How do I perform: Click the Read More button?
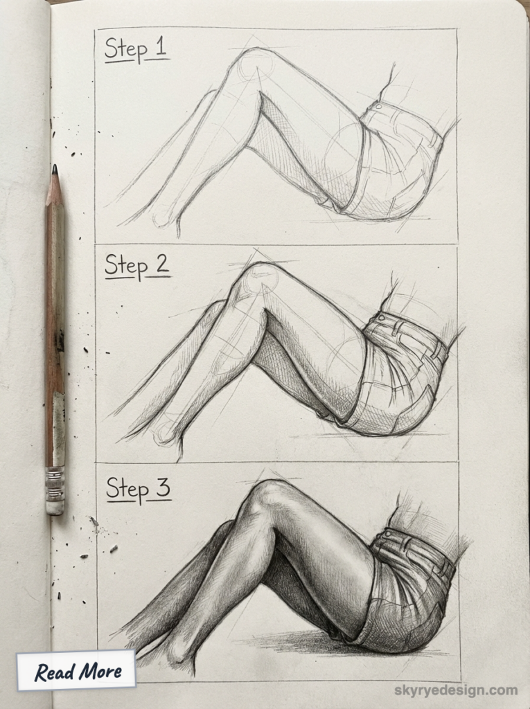(x=78, y=670)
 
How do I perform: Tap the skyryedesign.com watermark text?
(x=455, y=690)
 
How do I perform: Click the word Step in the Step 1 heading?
(x=126, y=51)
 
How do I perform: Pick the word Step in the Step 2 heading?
(x=126, y=267)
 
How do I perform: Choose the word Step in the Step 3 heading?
(x=127, y=490)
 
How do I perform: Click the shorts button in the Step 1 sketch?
(x=378, y=106)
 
